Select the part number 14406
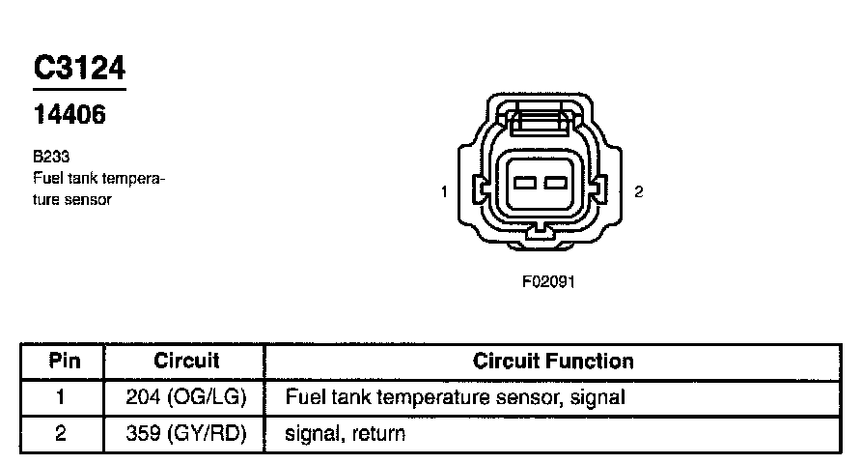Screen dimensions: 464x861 tap(69, 115)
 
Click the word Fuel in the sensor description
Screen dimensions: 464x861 tap(46, 178)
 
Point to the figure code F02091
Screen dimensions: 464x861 tap(547, 282)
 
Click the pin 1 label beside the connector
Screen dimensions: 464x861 tap(444, 191)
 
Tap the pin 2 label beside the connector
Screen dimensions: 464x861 tap(638, 191)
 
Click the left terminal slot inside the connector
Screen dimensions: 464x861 tap(526, 183)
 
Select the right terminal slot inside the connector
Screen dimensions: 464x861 tap(554, 183)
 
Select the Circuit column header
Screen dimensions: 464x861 tap(186, 362)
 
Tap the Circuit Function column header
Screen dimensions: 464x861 tap(553, 362)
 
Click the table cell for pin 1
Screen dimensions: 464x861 tap(61, 396)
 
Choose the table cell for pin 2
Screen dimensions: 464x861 tap(61, 434)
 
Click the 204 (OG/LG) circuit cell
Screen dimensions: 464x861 tap(186, 396)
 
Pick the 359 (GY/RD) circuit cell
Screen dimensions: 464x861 tap(186, 434)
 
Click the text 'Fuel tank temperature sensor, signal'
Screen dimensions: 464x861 tap(455, 396)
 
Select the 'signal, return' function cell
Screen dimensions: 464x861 tap(345, 434)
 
